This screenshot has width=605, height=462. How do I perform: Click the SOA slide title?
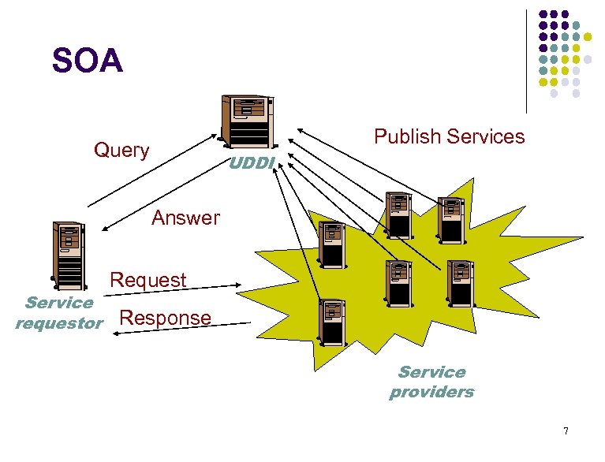coord(87,61)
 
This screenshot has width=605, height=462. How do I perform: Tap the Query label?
coord(121,150)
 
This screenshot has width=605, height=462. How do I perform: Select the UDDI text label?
coord(251,163)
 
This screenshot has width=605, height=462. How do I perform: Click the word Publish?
coord(408,137)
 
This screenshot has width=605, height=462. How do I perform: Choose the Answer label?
coord(185,218)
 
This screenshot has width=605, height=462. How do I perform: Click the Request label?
coord(148,280)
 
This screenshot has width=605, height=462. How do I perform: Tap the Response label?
coord(164,318)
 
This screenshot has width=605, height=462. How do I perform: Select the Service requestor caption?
coord(58,313)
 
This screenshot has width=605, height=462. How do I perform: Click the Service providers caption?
coord(431,382)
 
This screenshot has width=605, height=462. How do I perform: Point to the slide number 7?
coord(565,430)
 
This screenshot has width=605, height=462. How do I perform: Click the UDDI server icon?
coord(247,121)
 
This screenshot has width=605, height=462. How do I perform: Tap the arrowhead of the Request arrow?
coord(239,285)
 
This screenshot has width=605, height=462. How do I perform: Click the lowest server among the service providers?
coord(331,324)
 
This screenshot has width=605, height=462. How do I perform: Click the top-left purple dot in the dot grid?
coord(543,14)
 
